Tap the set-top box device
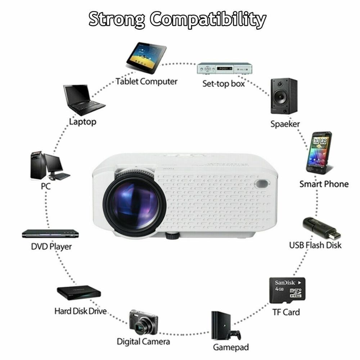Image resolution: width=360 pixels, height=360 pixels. [x=225, y=68]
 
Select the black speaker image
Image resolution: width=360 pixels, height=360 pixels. [x=284, y=96]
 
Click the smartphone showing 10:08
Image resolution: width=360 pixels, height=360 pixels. [x=319, y=153]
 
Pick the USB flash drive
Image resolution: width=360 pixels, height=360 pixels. [x=321, y=228]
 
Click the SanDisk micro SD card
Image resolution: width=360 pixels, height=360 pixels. [x=287, y=290]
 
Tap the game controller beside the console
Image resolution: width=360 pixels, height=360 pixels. [x=234, y=335]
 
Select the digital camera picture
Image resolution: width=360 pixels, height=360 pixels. [x=144, y=323]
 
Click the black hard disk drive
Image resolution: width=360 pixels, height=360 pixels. [x=79, y=293]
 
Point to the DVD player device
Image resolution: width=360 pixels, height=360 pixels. [x=50, y=234]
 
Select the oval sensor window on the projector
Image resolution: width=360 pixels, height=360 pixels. [x=262, y=184]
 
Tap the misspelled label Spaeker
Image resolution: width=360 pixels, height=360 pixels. [x=285, y=124]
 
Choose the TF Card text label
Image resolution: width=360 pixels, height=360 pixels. [x=286, y=312]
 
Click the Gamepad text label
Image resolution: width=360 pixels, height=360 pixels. [x=231, y=347]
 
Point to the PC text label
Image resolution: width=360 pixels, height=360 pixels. [x=45, y=186]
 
